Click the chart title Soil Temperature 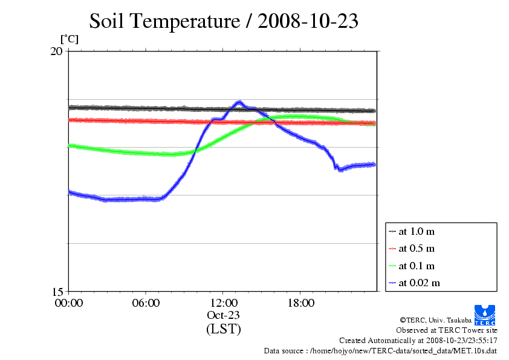click(x=224, y=21)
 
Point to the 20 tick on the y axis click(x=56, y=51)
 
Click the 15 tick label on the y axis click(x=56, y=291)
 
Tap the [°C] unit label click(x=69, y=39)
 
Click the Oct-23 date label click(x=224, y=315)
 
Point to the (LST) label click(x=224, y=329)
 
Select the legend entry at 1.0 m click(x=417, y=232)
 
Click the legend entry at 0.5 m click(x=417, y=249)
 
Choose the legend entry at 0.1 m click(x=417, y=266)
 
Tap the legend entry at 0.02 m click(x=419, y=283)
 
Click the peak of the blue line click(x=239, y=102)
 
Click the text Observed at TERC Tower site click(x=446, y=330)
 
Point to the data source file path click(x=380, y=350)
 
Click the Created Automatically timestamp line click(x=418, y=341)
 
